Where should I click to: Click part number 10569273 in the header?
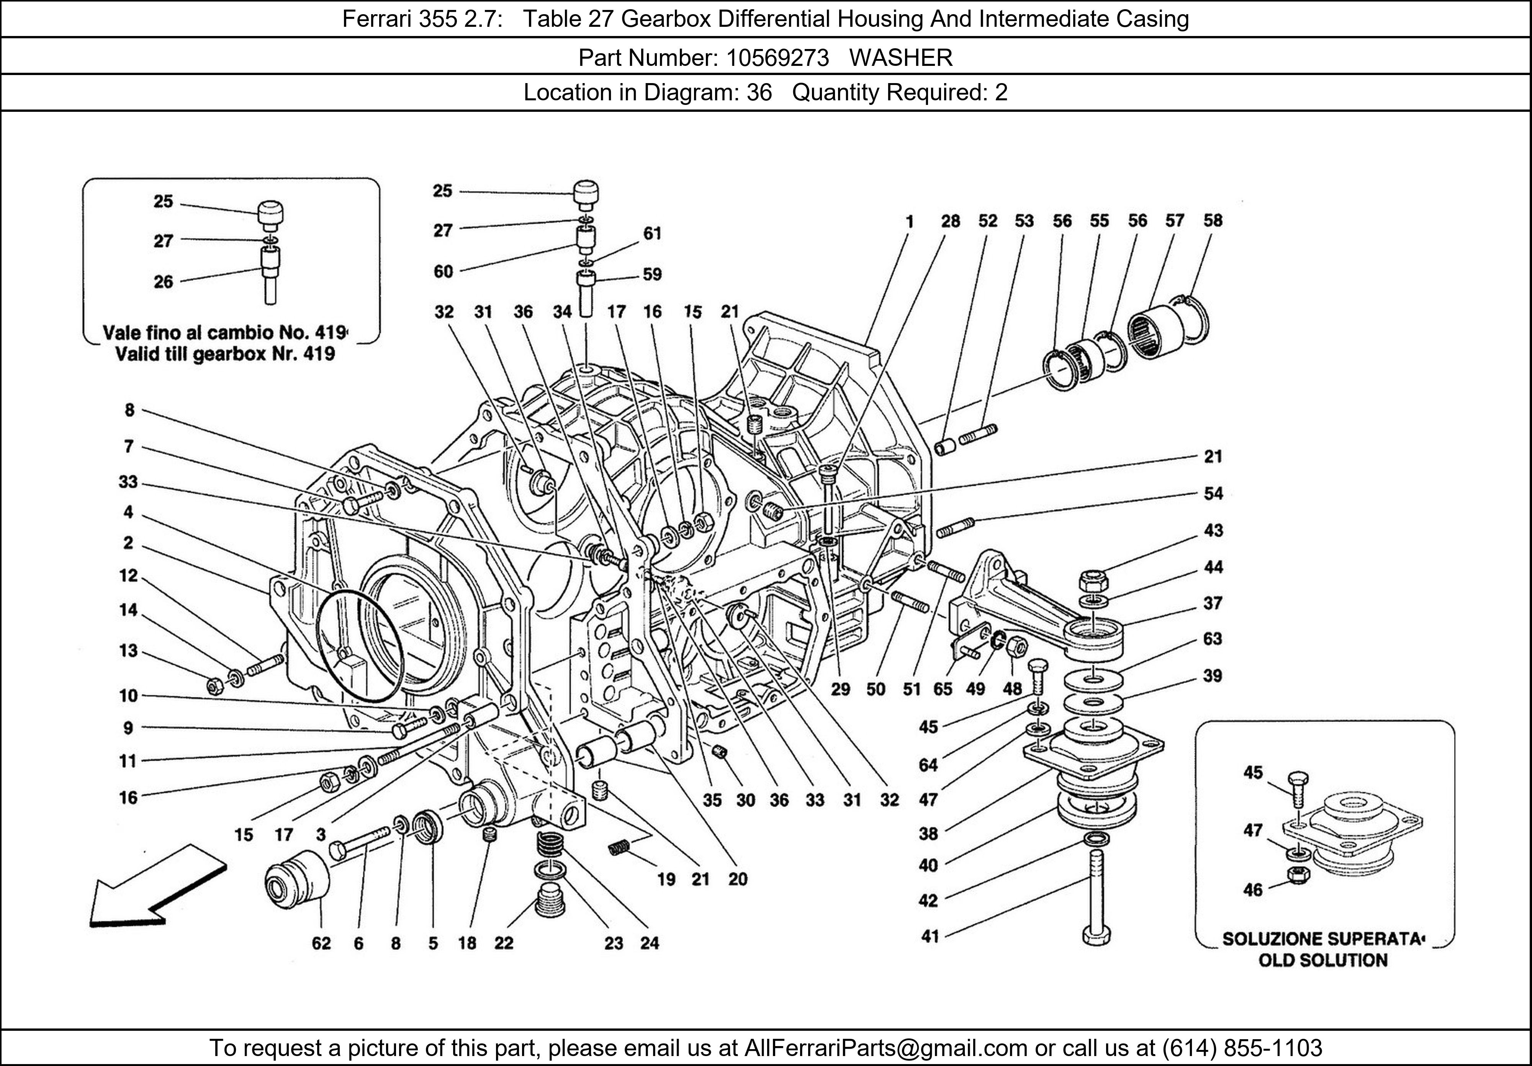[777, 58]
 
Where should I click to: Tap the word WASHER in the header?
[901, 58]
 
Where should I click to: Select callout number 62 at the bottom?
[321, 943]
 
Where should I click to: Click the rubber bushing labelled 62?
[298, 881]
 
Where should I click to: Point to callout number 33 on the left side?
[128, 482]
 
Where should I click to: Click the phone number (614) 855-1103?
[1242, 1048]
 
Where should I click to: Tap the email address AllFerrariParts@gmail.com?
[885, 1048]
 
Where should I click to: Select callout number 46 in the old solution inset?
[1253, 890]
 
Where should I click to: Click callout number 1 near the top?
[910, 221]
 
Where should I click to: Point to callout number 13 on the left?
[128, 651]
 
